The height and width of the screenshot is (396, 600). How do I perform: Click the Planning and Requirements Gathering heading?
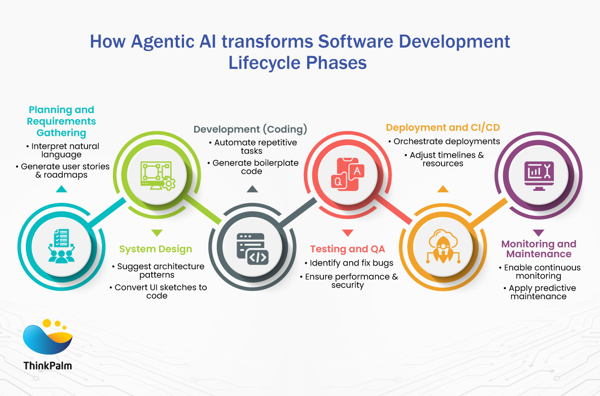(61, 121)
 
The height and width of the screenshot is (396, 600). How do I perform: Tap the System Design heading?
(155, 249)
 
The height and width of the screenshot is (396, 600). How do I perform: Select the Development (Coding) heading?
(250, 130)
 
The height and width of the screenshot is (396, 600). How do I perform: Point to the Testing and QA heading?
(347, 249)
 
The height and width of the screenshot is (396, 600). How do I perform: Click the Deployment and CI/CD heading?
(443, 128)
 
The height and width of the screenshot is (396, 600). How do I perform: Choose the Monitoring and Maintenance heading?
(539, 249)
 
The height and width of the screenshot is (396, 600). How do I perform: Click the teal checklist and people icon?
(61, 246)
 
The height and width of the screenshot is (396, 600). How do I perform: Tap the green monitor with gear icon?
(158, 176)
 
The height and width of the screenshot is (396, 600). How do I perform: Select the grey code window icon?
(252, 249)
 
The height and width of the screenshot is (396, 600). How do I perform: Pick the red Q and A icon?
(347, 174)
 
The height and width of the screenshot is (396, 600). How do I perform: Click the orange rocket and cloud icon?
(443, 246)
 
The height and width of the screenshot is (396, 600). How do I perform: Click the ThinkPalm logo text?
(48, 366)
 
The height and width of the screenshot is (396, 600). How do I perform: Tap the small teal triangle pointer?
(61, 189)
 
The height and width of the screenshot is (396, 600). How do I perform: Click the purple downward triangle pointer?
(538, 233)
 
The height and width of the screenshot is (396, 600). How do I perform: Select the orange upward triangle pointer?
(443, 189)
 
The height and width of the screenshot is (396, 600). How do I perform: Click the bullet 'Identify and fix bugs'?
(349, 263)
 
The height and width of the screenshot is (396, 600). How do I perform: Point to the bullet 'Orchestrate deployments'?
(445, 142)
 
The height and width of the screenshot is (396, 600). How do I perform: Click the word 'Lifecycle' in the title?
(264, 63)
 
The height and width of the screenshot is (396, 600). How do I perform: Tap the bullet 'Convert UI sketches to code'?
(158, 291)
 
